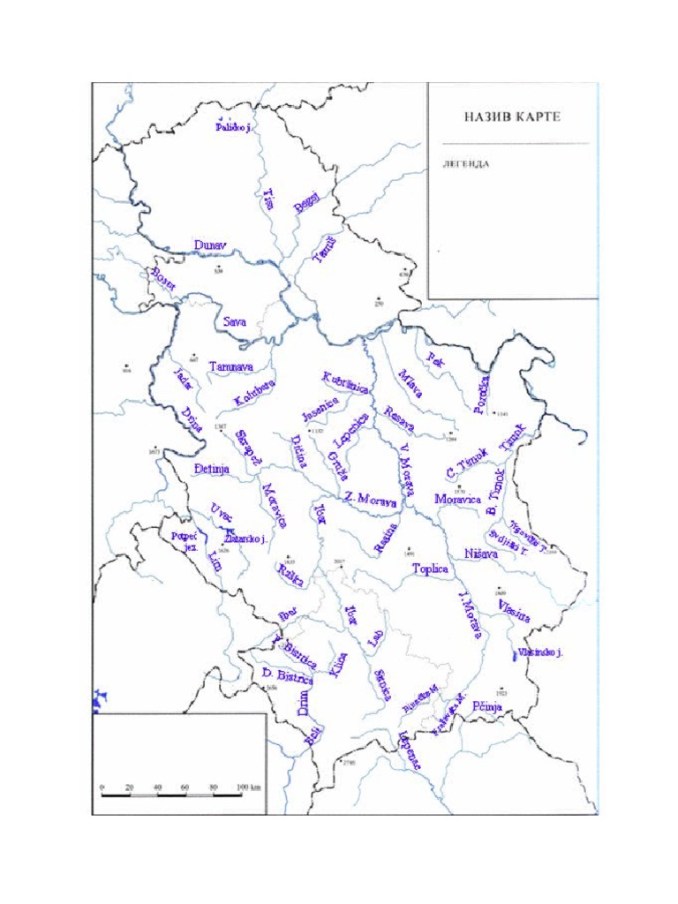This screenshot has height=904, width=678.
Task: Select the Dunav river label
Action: pos(210,245)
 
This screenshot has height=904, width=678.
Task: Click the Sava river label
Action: pos(234,322)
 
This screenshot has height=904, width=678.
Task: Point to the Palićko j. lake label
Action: pos(234,127)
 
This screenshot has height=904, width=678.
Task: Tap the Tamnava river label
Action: pos(231,365)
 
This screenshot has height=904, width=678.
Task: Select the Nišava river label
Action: pos(480,554)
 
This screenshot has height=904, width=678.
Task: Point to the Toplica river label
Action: pos(431,569)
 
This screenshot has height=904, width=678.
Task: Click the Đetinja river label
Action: pos(211,470)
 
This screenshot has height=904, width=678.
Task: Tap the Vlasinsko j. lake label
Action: pos(541,652)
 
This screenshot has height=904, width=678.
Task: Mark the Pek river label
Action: pos(434,358)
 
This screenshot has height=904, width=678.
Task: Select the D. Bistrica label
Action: pos(288,676)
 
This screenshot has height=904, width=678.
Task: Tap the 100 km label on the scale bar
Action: pos(248,786)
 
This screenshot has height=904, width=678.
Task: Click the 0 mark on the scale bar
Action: pos(102,786)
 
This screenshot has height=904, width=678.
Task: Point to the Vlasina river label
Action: pos(514,612)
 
